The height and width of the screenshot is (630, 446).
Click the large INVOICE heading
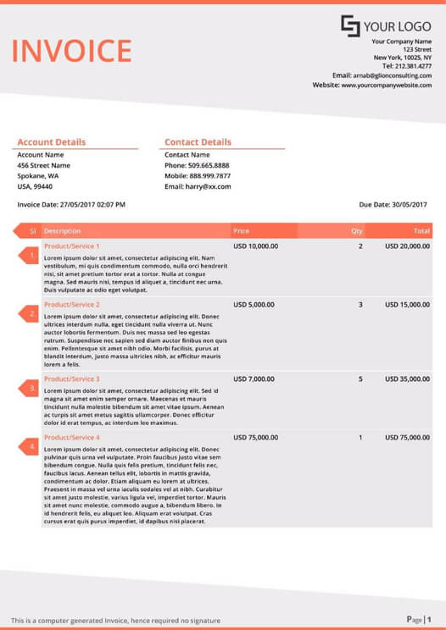pyautogui.click(x=71, y=52)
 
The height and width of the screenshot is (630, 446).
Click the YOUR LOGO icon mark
pyautogui.click(x=350, y=25)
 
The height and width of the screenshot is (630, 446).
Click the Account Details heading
pyautogui.click(x=51, y=142)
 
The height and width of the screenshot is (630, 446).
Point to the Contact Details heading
pyautogui.click(x=198, y=142)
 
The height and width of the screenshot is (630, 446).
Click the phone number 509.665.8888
pyautogui.click(x=209, y=165)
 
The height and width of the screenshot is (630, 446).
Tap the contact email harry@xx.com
pyautogui.click(x=208, y=186)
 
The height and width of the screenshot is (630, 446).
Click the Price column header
pyautogui.click(x=242, y=230)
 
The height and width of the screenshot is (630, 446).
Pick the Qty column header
pyautogui.click(x=357, y=230)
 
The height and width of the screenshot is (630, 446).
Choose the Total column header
pyautogui.click(x=421, y=230)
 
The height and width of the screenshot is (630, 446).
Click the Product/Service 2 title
pyautogui.click(x=72, y=304)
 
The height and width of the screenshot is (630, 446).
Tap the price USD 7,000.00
pyautogui.click(x=254, y=379)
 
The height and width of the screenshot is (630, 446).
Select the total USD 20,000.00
pyautogui.click(x=407, y=246)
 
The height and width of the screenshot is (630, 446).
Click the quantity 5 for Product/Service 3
pyautogui.click(x=360, y=379)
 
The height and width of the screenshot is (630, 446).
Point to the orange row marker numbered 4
pyautogui.click(x=31, y=446)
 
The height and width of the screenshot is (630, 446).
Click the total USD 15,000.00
pyautogui.click(x=407, y=304)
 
